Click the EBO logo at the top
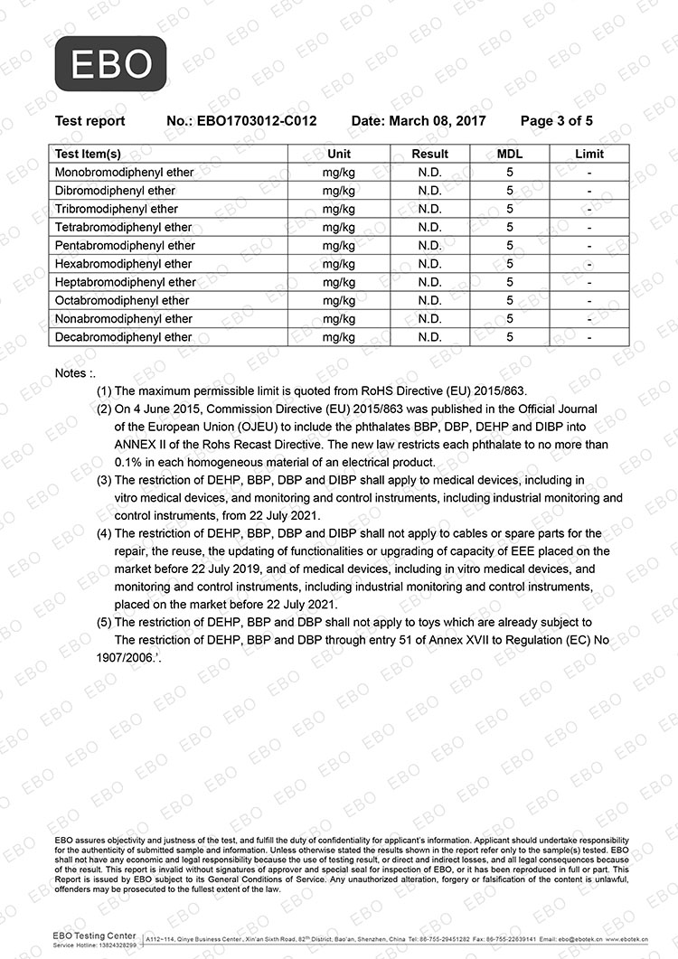point(110,63)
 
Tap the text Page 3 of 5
point(557,120)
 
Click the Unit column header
point(339,154)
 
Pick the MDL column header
point(510,154)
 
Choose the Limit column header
point(589,154)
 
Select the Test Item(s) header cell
point(88,154)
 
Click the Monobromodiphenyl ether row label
point(121,172)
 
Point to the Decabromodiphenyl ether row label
point(123,337)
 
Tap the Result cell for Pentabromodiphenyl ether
point(429,245)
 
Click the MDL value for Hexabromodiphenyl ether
point(510,264)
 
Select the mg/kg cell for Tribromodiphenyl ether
point(339,209)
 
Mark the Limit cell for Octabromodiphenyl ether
point(589,300)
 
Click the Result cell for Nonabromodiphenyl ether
point(429,318)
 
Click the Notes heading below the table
point(74,372)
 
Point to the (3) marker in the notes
point(104,480)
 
